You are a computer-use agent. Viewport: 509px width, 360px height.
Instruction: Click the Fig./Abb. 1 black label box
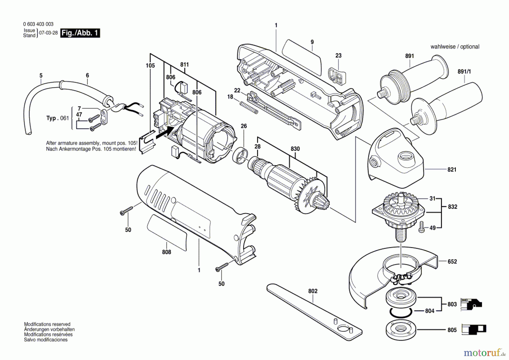[80, 33]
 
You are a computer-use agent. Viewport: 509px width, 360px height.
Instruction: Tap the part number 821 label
[452, 170]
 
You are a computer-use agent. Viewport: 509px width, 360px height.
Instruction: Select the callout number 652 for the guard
[452, 262]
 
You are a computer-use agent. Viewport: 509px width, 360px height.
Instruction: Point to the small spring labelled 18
[249, 108]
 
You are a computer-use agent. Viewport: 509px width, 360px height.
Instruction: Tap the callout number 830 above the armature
[295, 149]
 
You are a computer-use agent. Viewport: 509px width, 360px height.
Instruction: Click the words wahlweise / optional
[455, 47]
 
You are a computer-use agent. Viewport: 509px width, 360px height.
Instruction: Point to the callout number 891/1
[464, 72]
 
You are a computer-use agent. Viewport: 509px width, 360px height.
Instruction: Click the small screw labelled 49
[422, 227]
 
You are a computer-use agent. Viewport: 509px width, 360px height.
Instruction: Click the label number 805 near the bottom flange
[452, 330]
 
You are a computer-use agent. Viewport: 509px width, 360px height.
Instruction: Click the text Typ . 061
[57, 118]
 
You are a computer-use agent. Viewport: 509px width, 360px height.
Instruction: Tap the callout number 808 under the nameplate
[167, 252]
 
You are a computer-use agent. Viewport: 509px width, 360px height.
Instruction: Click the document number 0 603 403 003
[38, 24]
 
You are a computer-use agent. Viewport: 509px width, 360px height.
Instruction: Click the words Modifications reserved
[47, 324]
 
